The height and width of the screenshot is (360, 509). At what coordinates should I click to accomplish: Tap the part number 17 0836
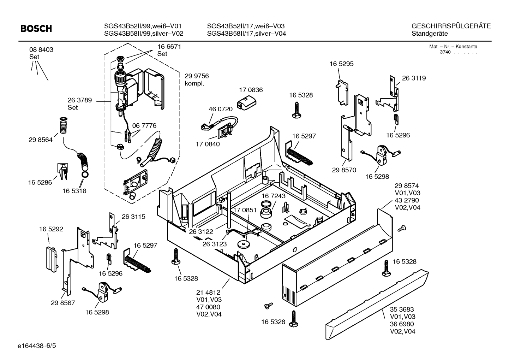click(x=251, y=90)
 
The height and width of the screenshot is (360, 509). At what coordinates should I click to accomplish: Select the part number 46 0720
click(x=220, y=110)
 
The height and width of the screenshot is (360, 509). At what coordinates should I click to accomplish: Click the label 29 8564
click(x=40, y=140)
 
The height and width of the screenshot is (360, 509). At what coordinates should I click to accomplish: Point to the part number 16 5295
click(x=341, y=64)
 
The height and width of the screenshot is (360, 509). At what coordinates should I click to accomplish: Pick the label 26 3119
click(x=414, y=78)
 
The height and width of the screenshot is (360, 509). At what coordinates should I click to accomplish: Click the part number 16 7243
click(x=273, y=196)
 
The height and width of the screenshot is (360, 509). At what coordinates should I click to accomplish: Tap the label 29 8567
click(x=63, y=303)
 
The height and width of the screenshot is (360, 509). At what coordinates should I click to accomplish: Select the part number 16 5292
click(x=51, y=229)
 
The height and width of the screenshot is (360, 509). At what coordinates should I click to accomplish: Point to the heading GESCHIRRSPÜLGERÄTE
click(x=451, y=26)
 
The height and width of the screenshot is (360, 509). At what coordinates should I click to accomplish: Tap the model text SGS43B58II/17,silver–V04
click(x=246, y=34)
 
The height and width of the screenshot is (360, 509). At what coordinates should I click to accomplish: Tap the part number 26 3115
click(x=133, y=217)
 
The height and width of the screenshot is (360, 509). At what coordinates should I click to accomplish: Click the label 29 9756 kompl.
click(x=197, y=80)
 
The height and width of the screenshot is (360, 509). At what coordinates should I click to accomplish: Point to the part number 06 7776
click(x=144, y=126)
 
